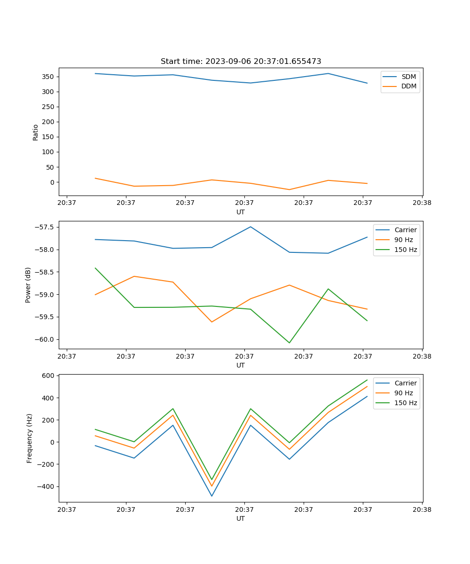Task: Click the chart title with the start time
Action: point(241,62)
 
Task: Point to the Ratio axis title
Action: point(36,132)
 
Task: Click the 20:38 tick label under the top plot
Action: point(422,203)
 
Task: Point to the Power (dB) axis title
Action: point(28,285)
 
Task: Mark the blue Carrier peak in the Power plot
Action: point(251,227)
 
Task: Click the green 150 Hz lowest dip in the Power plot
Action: point(289,343)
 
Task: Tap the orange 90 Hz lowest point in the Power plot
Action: point(211,322)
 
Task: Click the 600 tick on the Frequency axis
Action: point(49,376)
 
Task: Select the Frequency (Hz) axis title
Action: point(29,438)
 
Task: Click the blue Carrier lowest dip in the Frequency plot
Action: point(211,496)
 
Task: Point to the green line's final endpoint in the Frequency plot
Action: point(367,380)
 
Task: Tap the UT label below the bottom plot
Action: point(241,518)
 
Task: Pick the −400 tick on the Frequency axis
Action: point(46,486)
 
